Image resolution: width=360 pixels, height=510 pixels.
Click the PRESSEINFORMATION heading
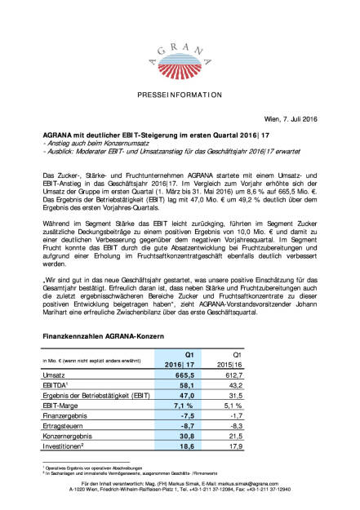coord(180,95)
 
